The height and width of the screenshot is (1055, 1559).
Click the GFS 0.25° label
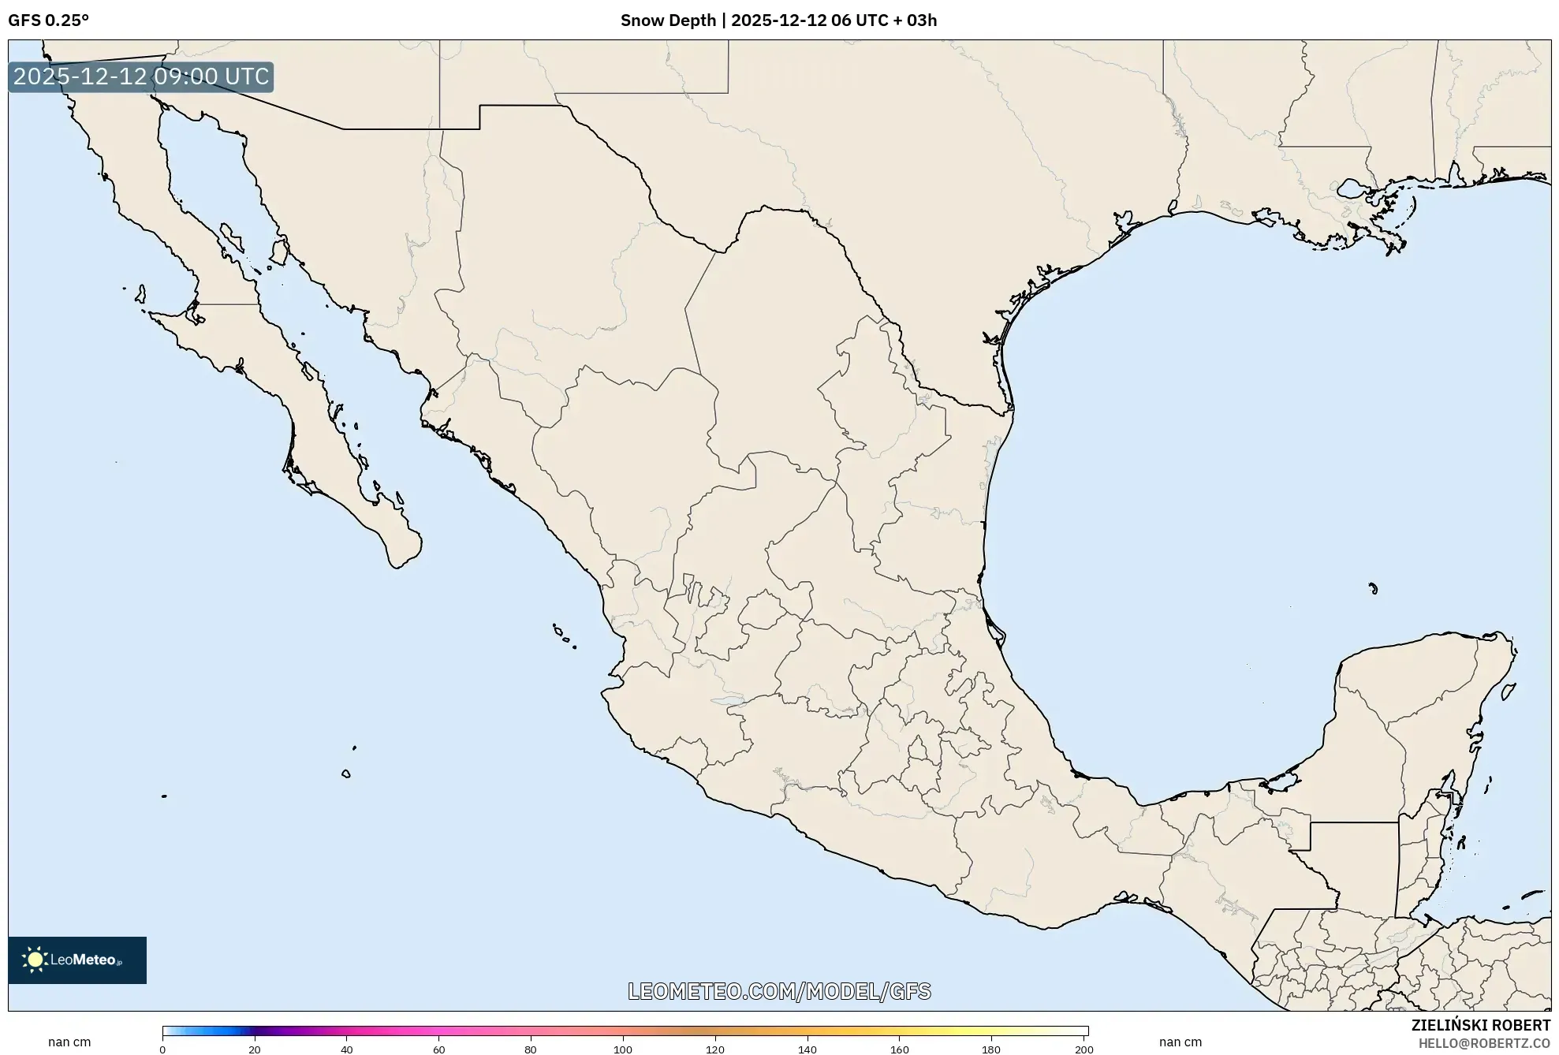[48, 21]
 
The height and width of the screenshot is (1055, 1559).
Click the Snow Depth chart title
[778, 21]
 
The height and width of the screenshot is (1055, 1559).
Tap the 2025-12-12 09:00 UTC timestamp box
[141, 77]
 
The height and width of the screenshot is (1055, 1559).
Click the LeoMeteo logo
[77, 960]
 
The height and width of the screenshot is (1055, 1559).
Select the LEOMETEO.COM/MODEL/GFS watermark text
[779, 991]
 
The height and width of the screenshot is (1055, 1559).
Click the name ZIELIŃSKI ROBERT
[1480, 1025]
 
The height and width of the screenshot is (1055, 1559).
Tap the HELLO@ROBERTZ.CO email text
[1484, 1043]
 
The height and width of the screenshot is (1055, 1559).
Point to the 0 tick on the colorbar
[162, 1049]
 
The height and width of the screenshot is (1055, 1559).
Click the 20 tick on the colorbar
[255, 1049]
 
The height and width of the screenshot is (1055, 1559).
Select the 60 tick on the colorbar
[439, 1049]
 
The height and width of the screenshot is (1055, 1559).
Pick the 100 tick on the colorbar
[623, 1049]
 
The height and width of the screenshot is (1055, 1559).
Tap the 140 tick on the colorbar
[807, 1049]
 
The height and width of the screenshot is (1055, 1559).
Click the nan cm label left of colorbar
[69, 1042]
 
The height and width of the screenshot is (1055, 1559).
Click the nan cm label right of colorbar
[1180, 1042]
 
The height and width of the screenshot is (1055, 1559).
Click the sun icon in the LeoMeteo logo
[35, 960]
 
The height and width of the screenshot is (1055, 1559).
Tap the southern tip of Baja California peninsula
[398, 565]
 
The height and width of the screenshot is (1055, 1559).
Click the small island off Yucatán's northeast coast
[1509, 692]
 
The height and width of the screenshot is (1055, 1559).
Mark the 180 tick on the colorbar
[991, 1049]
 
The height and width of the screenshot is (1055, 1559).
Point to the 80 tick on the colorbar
[531, 1049]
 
